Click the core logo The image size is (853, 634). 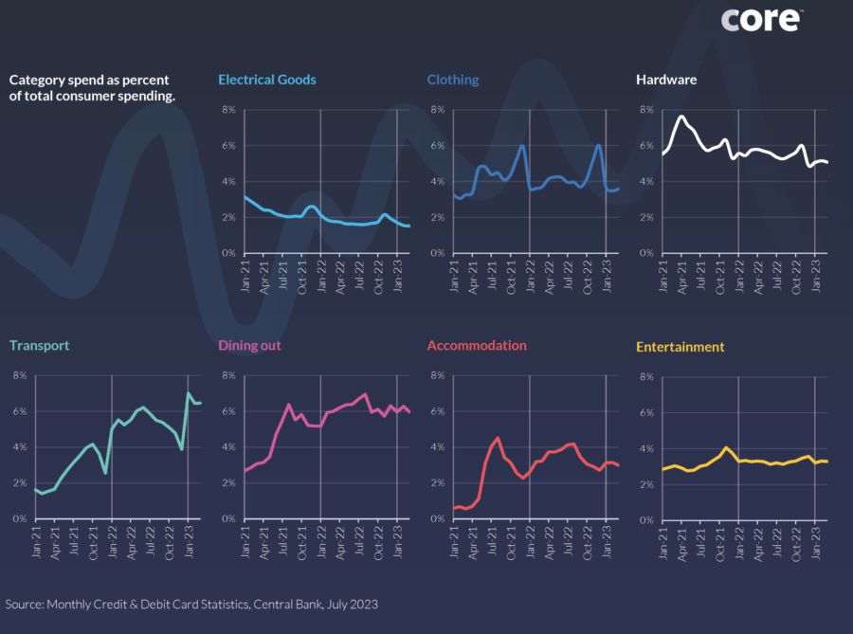pos(761,19)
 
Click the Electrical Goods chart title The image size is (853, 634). pos(267,80)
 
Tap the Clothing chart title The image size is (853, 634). pos(453,80)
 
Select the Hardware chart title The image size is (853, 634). pos(666,80)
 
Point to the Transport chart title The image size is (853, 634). pos(40,346)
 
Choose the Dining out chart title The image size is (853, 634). pos(249,346)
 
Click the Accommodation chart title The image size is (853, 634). pos(477,346)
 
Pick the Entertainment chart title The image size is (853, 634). pos(681,347)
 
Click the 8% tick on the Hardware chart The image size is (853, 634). pos(645,110)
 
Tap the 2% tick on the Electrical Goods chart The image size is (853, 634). pos(228,218)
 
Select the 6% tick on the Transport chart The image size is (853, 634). pos(19,411)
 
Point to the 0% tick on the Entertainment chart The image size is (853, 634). pos(645,520)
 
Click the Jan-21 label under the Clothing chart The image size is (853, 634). pos(455,273)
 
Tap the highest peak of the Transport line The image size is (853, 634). pos(189,393)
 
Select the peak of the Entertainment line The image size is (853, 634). pos(725,447)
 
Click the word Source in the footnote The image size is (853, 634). pos(25,604)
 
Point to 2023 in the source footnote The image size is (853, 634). pos(364,604)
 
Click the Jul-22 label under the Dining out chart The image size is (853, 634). pos(361,538)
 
